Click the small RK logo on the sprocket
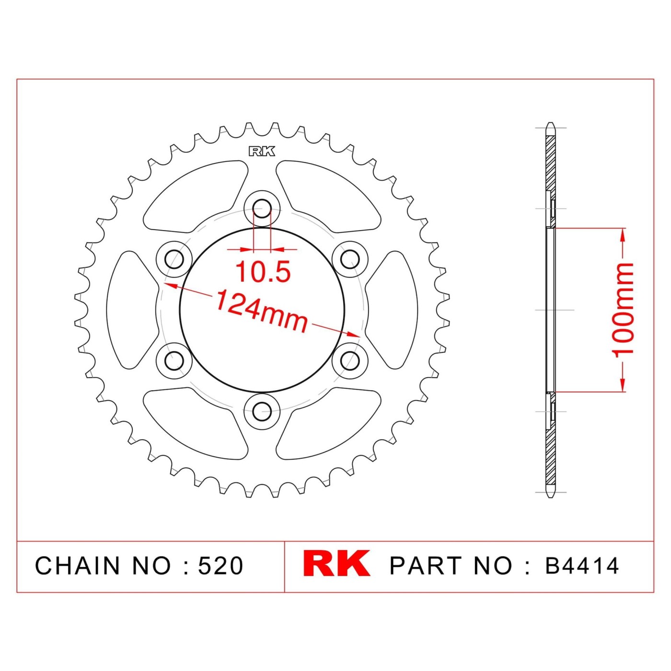[x=262, y=151]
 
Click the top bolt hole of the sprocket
[x=262, y=208]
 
